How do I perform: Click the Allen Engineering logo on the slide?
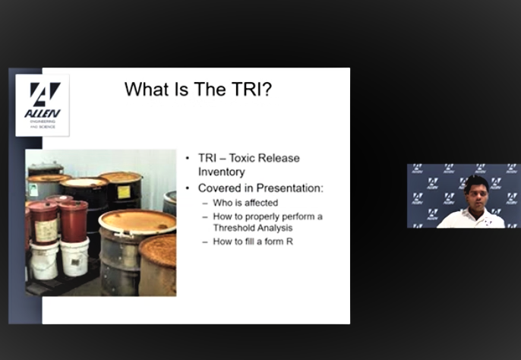(43, 104)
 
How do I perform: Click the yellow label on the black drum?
(124, 191)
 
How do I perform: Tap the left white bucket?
(44, 259)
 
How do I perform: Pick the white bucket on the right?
(74, 257)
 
